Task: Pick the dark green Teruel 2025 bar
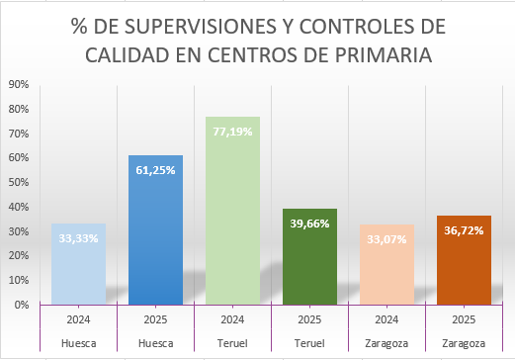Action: click(x=309, y=267)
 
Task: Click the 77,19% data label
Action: click(x=233, y=130)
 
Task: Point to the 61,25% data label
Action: click(x=156, y=169)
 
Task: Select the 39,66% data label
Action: click(x=310, y=223)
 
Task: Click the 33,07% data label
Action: click(x=387, y=238)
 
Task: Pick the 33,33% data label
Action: click(x=79, y=237)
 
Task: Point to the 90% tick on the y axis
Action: click(x=17, y=85)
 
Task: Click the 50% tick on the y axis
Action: click(x=17, y=183)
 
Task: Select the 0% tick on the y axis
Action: click(x=20, y=305)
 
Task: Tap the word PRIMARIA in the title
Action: click(x=385, y=54)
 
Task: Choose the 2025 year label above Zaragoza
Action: click(x=464, y=320)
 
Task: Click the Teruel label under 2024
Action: click(x=232, y=343)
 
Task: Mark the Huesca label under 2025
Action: click(x=155, y=343)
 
